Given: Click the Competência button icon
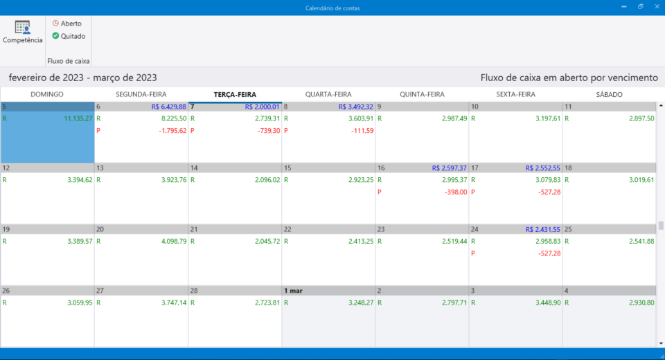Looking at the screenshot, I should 22,28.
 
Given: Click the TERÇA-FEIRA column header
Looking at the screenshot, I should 235,94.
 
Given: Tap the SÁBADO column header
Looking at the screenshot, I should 609,94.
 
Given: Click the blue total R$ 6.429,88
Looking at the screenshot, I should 168,107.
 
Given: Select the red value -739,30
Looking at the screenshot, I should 267,131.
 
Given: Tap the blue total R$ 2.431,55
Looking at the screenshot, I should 542,229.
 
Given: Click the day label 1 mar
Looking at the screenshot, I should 292,290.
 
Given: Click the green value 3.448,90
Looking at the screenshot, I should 543,303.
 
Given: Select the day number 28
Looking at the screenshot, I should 195,290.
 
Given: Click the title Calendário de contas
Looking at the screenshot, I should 332,8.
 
